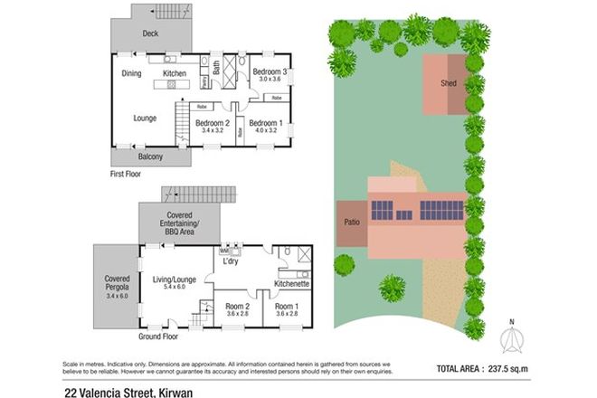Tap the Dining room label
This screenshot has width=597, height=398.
pyautogui.click(x=131, y=73)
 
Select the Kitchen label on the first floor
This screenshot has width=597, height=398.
pyautogui.click(x=175, y=73)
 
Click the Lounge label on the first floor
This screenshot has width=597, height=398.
pyautogui.click(x=146, y=118)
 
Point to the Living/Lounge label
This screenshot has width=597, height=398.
pyautogui.click(x=174, y=280)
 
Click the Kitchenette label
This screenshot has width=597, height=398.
pyautogui.click(x=292, y=283)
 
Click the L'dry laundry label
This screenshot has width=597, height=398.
pyautogui.click(x=230, y=262)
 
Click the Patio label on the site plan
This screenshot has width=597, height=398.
pyautogui.click(x=352, y=220)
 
